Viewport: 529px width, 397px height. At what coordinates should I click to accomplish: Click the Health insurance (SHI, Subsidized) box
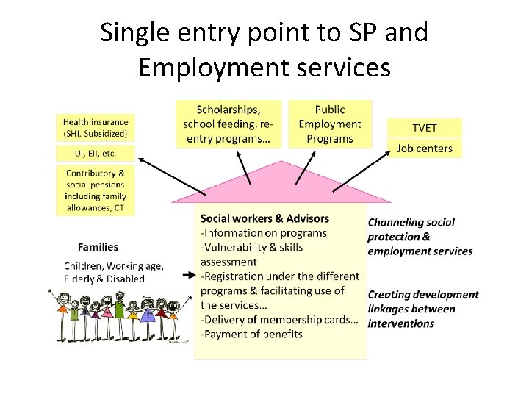click(96, 128)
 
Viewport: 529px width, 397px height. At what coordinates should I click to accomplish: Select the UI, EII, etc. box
click(96, 154)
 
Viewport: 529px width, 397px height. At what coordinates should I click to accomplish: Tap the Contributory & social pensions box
click(96, 190)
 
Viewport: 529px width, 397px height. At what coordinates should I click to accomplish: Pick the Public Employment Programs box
click(330, 124)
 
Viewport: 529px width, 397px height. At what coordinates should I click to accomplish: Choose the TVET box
click(425, 127)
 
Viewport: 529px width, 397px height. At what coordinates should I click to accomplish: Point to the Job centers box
click(425, 148)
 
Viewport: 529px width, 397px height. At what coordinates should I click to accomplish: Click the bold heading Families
click(98, 247)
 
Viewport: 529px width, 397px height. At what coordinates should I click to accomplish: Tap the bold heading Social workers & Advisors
click(264, 218)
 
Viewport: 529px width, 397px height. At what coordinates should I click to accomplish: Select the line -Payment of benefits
click(251, 334)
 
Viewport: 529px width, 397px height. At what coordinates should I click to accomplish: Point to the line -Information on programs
click(264, 233)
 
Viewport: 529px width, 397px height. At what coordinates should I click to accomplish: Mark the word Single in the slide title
click(132, 32)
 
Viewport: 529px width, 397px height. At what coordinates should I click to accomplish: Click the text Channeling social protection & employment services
click(420, 236)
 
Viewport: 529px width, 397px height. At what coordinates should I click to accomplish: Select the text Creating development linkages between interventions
click(422, 309)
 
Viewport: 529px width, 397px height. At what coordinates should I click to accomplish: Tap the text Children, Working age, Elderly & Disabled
click(114, 272)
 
